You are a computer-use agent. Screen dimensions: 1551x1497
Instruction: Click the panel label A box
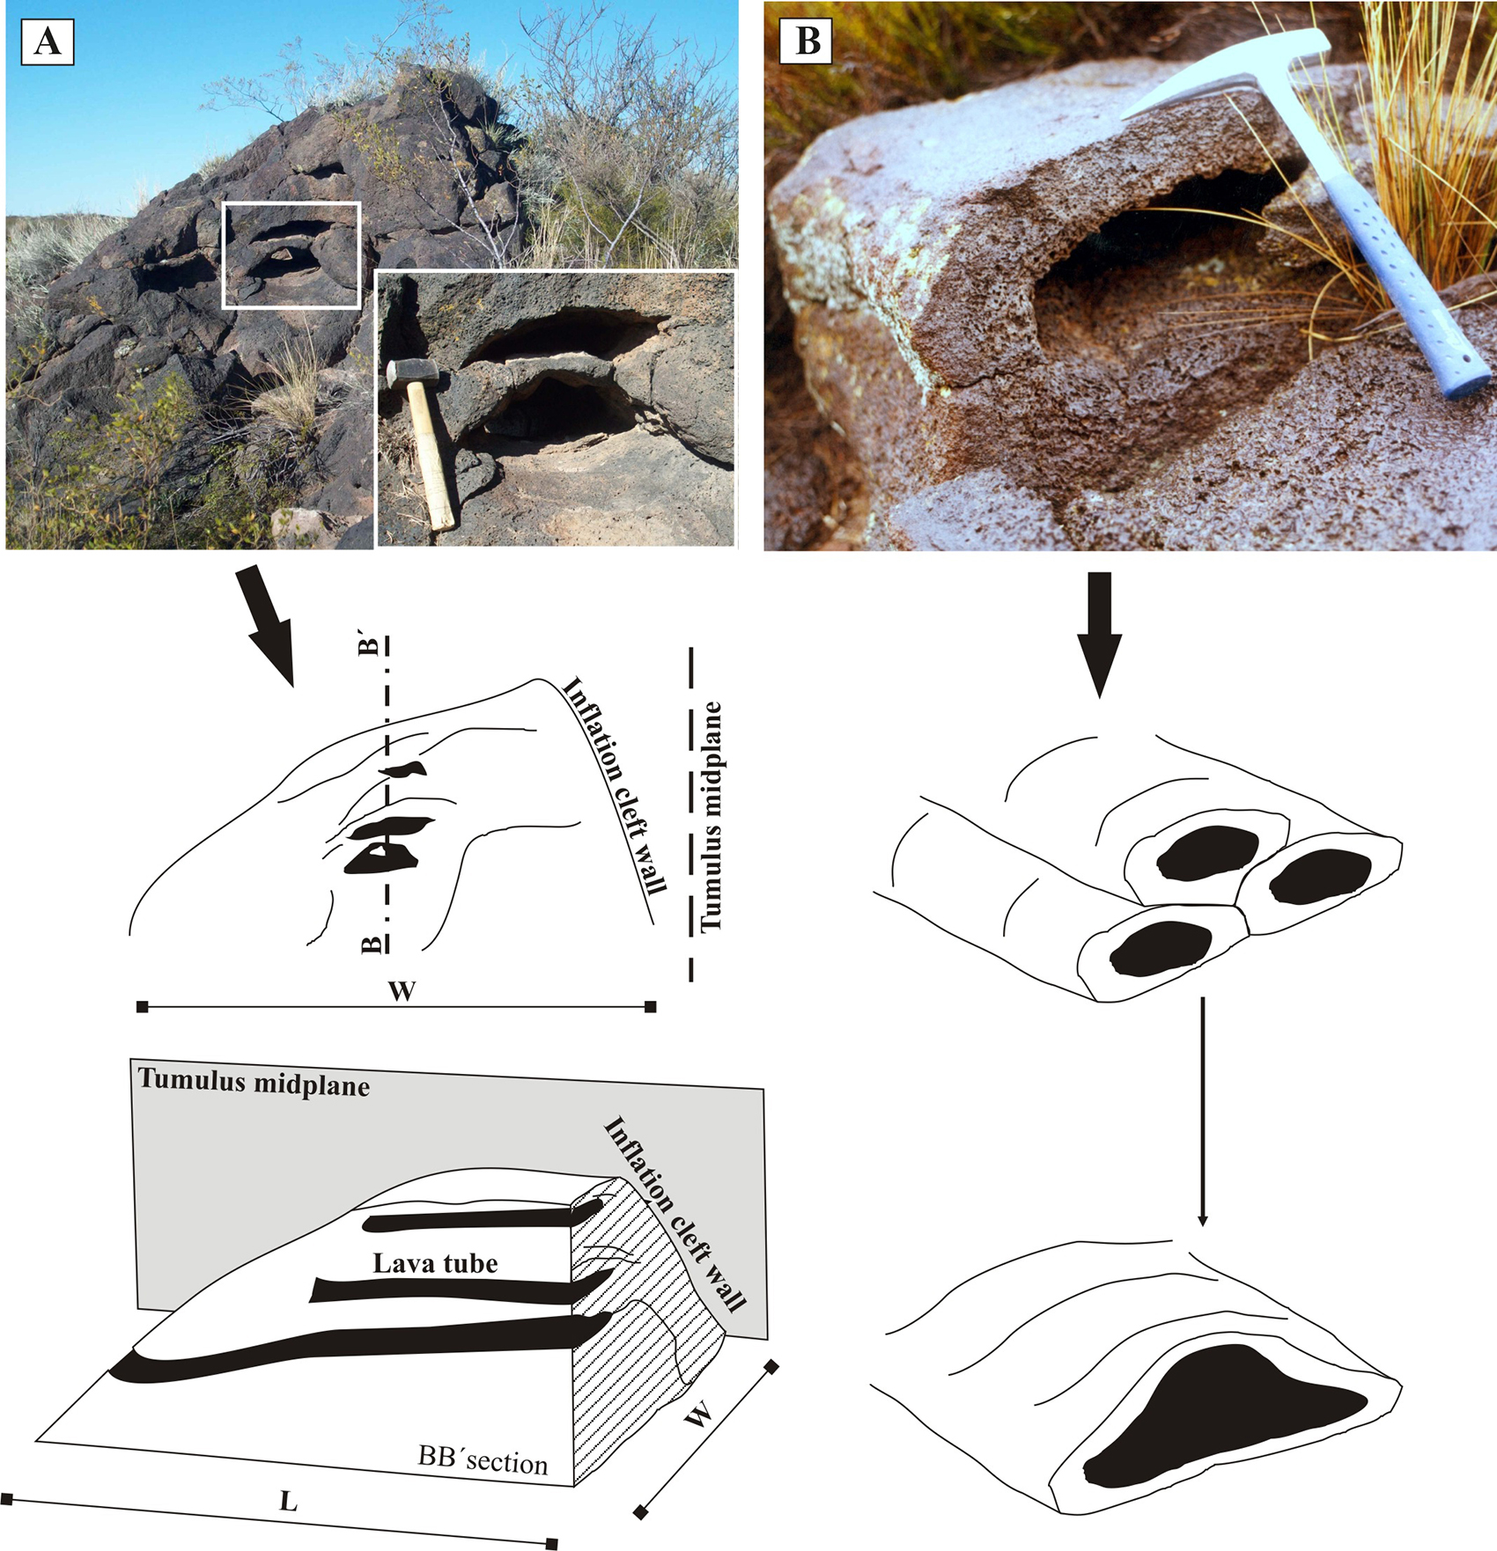click(x=47, y=42)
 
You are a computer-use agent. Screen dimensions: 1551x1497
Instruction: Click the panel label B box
click(x=807, y=41)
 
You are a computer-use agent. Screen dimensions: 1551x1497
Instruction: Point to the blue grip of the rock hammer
click(x=1409, y=282)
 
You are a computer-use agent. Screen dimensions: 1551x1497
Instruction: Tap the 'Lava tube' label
click(x=435, y=1264)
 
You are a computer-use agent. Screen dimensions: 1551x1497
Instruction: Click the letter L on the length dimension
click(x=288, y=1501)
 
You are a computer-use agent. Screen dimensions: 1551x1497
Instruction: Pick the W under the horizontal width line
click(x=402, y=991)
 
